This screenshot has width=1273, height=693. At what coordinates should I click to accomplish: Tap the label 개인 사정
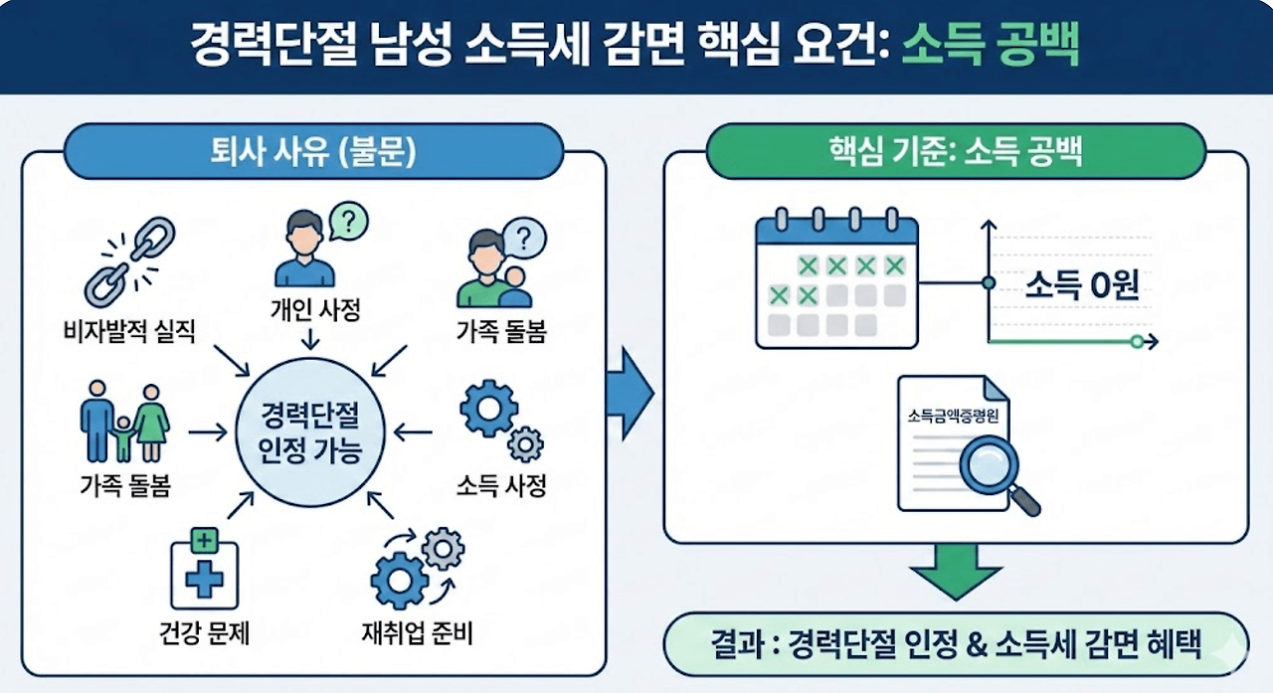point(309,310)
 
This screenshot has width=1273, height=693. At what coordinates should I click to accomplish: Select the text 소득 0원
point(1081,286)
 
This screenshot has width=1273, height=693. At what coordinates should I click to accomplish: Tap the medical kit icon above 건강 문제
point(204,568)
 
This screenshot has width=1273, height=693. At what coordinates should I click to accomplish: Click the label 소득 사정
point(501,486)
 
